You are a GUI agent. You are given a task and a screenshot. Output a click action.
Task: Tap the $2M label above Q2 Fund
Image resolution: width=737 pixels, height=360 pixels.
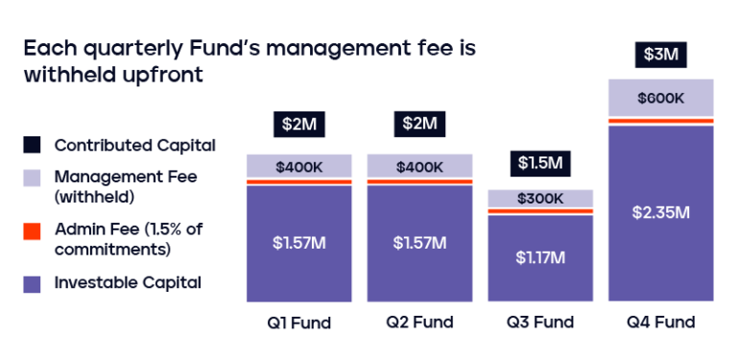[x=419, y=125]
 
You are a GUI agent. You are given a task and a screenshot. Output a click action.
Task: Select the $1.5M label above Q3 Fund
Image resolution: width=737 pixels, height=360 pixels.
[x=540, y=162]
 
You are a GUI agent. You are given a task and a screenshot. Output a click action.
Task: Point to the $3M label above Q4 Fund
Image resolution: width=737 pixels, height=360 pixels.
[x=661, y=54]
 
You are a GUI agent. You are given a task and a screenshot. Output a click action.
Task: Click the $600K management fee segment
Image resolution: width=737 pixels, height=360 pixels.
[x=661, y=98]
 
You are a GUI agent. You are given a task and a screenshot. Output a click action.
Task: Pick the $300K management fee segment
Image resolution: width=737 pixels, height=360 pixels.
[x=540, y=198]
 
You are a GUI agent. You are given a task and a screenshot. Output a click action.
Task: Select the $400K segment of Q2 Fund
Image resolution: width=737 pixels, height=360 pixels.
[x=419, y=166]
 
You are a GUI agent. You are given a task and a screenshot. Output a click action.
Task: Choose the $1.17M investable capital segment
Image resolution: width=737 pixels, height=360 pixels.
[x=540, y=257]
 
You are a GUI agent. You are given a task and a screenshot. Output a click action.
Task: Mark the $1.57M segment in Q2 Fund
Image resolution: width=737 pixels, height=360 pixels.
[x=419, y=242]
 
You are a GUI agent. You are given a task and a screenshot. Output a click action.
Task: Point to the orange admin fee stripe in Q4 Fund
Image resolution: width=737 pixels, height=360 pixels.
[x=661, y=121]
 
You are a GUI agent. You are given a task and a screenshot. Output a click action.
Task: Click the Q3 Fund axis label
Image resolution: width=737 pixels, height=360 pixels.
[x=540, y=323]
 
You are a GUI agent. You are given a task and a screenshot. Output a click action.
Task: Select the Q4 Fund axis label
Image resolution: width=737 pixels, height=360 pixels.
[x=661, y=323]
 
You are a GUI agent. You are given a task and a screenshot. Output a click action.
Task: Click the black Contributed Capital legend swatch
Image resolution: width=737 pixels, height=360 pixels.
[x=33, y=146]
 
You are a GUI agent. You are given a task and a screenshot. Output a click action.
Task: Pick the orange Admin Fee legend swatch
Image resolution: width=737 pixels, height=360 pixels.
[x=33, y=229]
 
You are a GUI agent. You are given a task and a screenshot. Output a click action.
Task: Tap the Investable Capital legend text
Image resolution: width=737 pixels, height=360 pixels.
[x=128, y=282]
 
